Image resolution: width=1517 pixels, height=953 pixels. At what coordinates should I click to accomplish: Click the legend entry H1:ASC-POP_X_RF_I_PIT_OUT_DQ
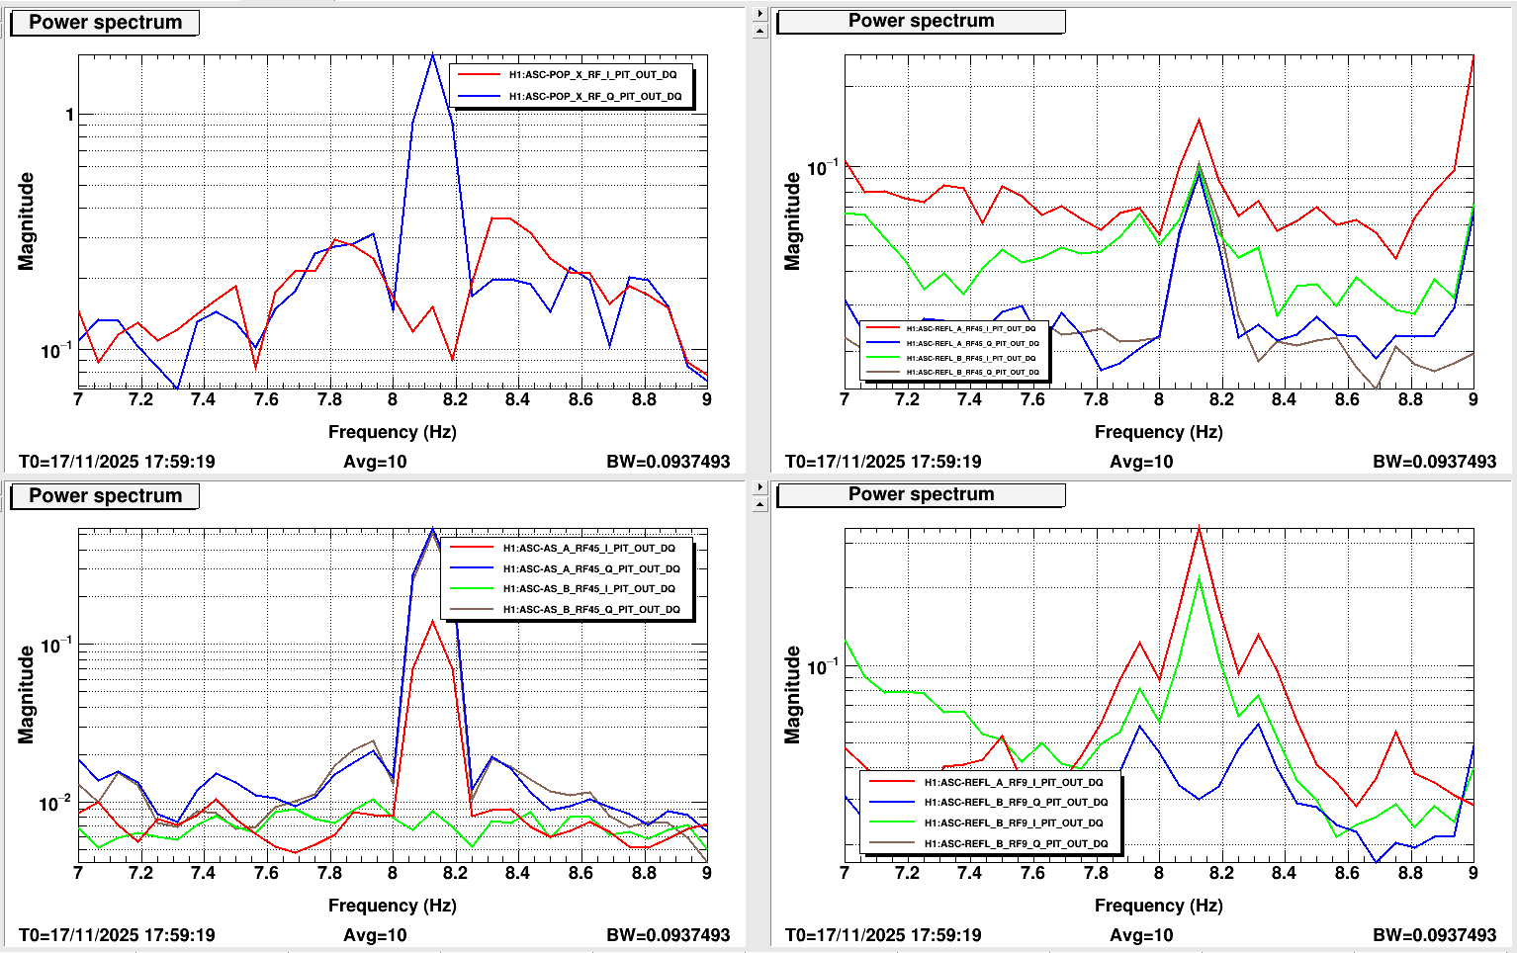592,75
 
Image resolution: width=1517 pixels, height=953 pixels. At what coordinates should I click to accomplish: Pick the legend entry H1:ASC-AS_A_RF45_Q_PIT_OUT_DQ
590,569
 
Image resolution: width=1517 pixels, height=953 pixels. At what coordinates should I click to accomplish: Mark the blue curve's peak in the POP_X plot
432,54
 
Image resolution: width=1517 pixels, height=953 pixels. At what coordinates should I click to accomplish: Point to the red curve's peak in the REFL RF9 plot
1199,528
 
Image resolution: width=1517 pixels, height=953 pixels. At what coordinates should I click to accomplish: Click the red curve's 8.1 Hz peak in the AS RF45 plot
432,621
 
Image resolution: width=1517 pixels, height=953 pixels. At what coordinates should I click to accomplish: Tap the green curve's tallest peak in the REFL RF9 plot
1199,577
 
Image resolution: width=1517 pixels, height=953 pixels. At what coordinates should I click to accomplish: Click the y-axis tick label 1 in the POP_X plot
69,115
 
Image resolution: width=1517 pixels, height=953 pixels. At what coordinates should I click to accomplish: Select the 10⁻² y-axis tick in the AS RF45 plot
55,803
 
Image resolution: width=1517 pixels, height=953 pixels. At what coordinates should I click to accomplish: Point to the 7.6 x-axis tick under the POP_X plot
266,399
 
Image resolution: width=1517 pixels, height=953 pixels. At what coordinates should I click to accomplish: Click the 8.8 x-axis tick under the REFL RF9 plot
1410,873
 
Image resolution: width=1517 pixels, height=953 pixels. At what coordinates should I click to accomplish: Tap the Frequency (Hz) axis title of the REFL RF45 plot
1158,432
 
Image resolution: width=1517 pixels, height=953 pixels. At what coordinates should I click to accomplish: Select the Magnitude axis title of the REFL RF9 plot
792,695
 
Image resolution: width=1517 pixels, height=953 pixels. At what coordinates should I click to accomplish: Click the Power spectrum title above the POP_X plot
105,23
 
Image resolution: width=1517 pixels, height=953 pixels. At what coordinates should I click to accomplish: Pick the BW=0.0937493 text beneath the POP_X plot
668,462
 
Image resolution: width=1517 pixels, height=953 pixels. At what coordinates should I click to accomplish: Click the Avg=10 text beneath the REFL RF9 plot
1141,935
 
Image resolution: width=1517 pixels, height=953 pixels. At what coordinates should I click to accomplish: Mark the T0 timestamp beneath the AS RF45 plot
117,935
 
